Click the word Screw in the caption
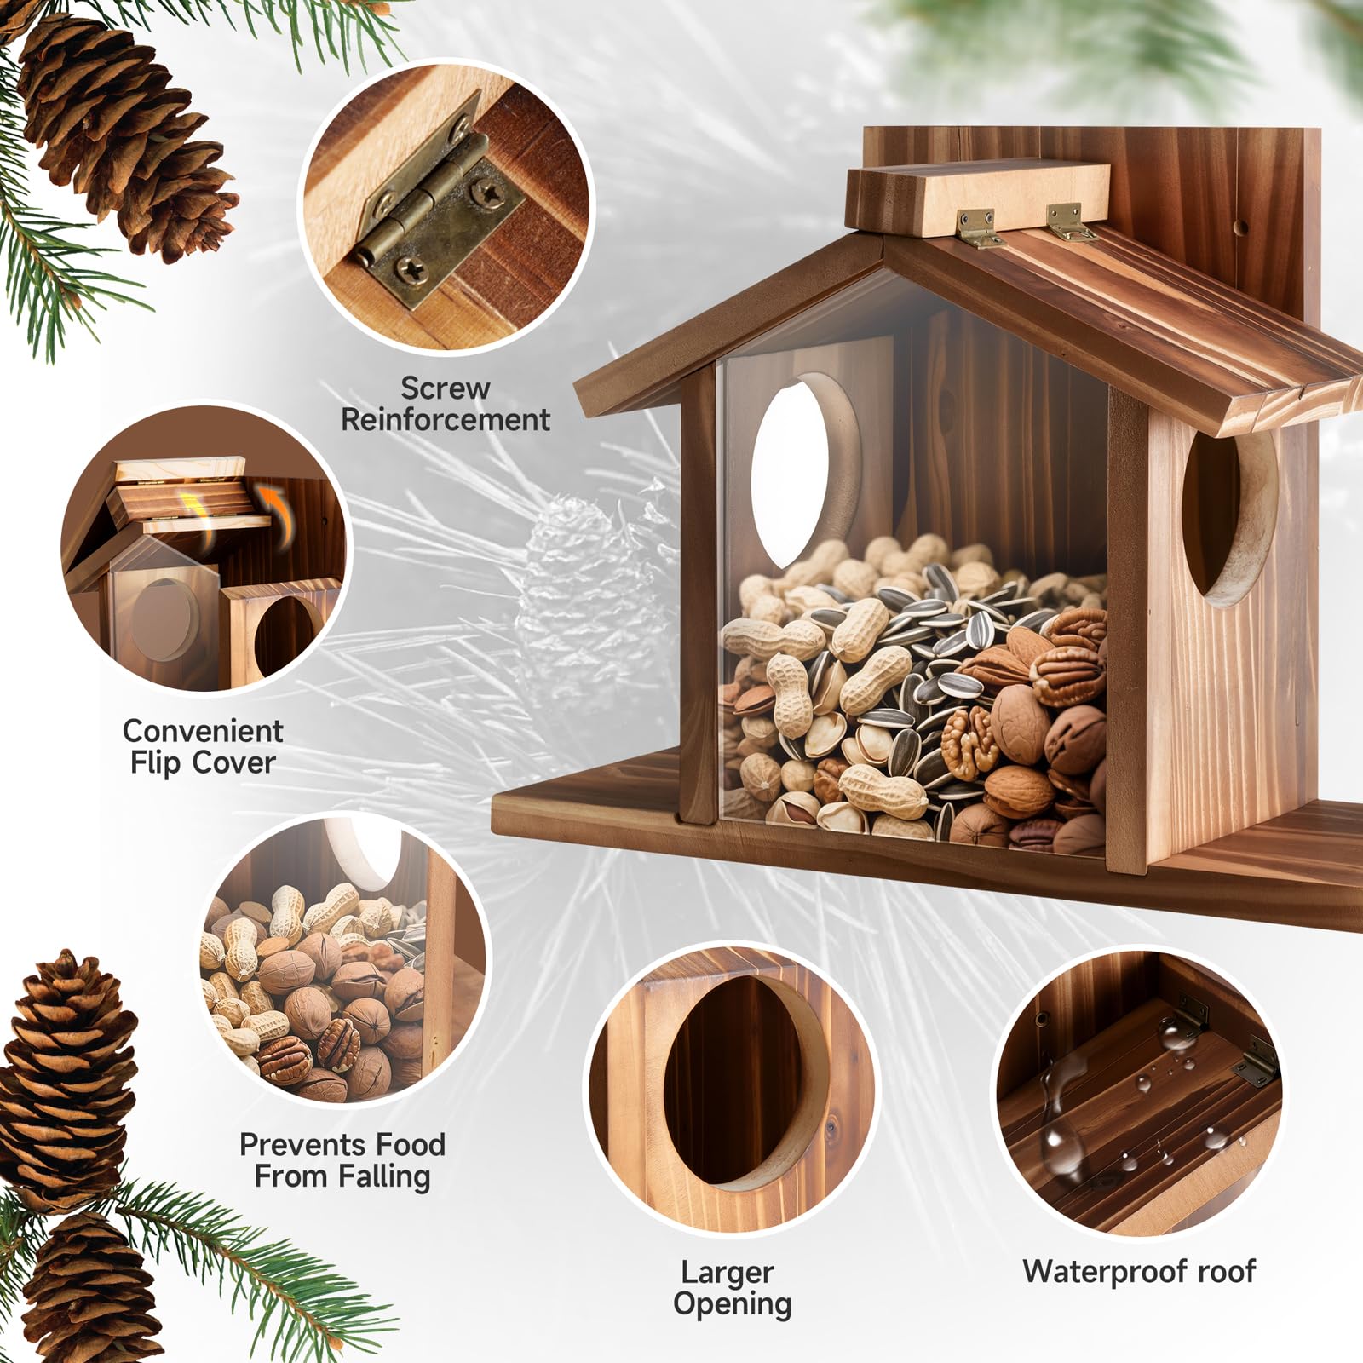[x=446, y=388]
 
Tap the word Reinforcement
[x=446, y=420]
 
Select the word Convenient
[x=203, y=731]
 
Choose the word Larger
[x=728, y=1274]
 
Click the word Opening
[x=733, y=1305]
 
